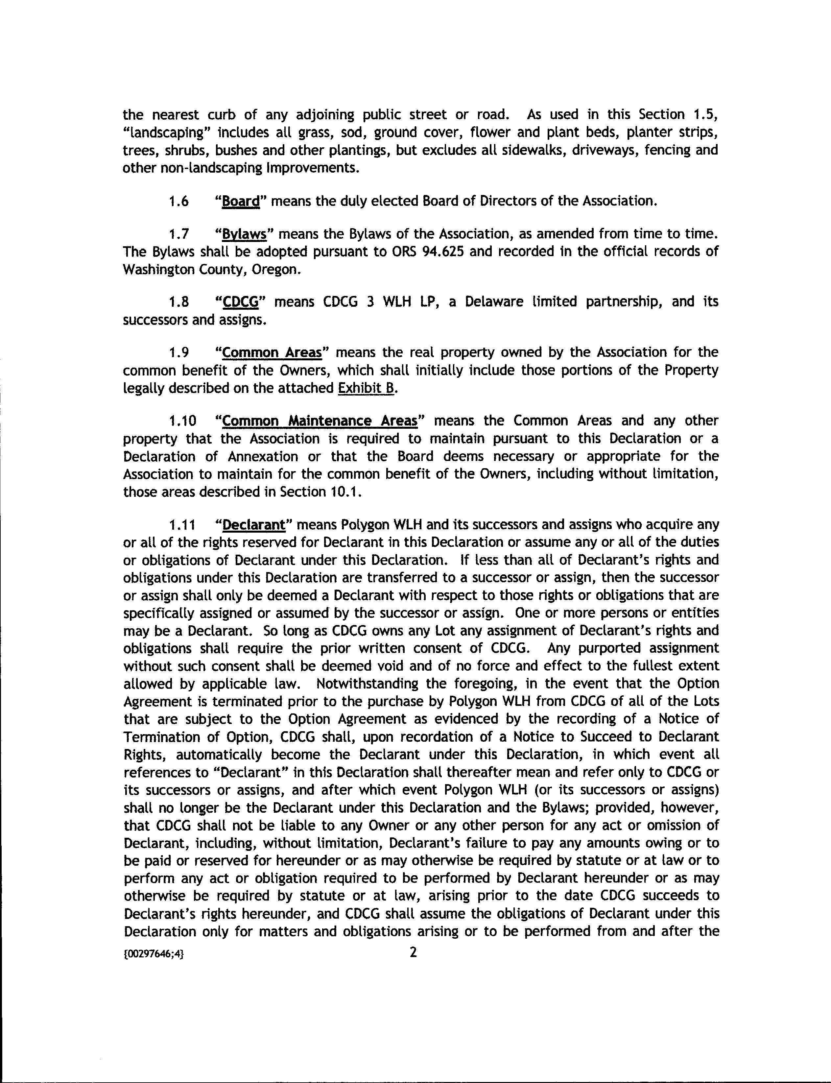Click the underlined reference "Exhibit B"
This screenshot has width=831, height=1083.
point(366,388)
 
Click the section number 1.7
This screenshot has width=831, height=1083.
point(178,234)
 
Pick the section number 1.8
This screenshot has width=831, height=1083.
point(178,302)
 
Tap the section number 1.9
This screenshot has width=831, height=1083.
point(178,353)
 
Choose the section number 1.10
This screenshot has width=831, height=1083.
point(182,421)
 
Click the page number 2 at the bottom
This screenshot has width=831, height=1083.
point(414,952)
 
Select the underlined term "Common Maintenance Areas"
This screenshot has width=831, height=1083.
point(320,421)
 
